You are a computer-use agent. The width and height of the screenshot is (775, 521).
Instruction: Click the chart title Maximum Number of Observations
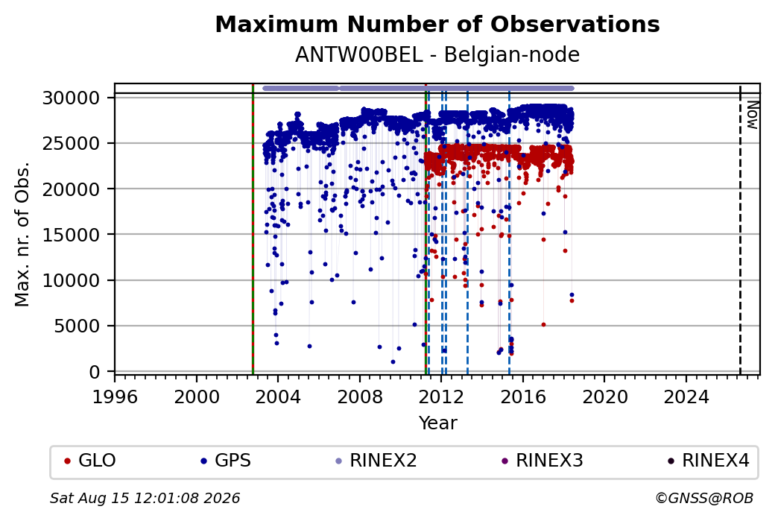coord(437,24)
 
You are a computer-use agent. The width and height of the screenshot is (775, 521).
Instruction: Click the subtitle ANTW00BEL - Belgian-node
coord(437,55)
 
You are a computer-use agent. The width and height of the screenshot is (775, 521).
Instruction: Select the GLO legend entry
coord(90,461)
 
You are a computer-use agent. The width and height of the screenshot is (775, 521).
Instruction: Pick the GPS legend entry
coord(225,461)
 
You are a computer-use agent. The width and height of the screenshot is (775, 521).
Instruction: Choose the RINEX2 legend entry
coord(376,461)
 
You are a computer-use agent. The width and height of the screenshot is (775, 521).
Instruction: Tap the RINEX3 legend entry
coord(542,461)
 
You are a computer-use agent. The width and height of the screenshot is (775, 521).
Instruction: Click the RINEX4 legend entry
coord(709,461)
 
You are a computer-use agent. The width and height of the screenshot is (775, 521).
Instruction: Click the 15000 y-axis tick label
coord(72,235)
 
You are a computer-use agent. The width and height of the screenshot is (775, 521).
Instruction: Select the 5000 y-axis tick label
coord(77,326)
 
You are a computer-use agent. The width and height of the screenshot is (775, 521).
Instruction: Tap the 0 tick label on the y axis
coord(95,372)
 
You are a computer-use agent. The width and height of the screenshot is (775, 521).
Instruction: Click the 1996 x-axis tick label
coord(116,397)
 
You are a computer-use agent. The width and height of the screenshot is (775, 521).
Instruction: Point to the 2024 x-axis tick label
coord(686,397)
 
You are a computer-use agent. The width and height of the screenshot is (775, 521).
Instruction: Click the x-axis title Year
coord(438,423)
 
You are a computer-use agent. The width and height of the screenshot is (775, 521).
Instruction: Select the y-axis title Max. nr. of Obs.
coord(22,234)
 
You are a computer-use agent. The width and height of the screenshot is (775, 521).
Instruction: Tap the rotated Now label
coord(752,116)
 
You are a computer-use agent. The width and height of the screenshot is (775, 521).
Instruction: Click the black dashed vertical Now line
coord(740,230)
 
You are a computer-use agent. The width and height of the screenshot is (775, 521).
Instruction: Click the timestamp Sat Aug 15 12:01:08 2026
coord(145,498)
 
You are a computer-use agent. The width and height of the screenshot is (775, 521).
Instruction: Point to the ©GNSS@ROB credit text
coord(704,498)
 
